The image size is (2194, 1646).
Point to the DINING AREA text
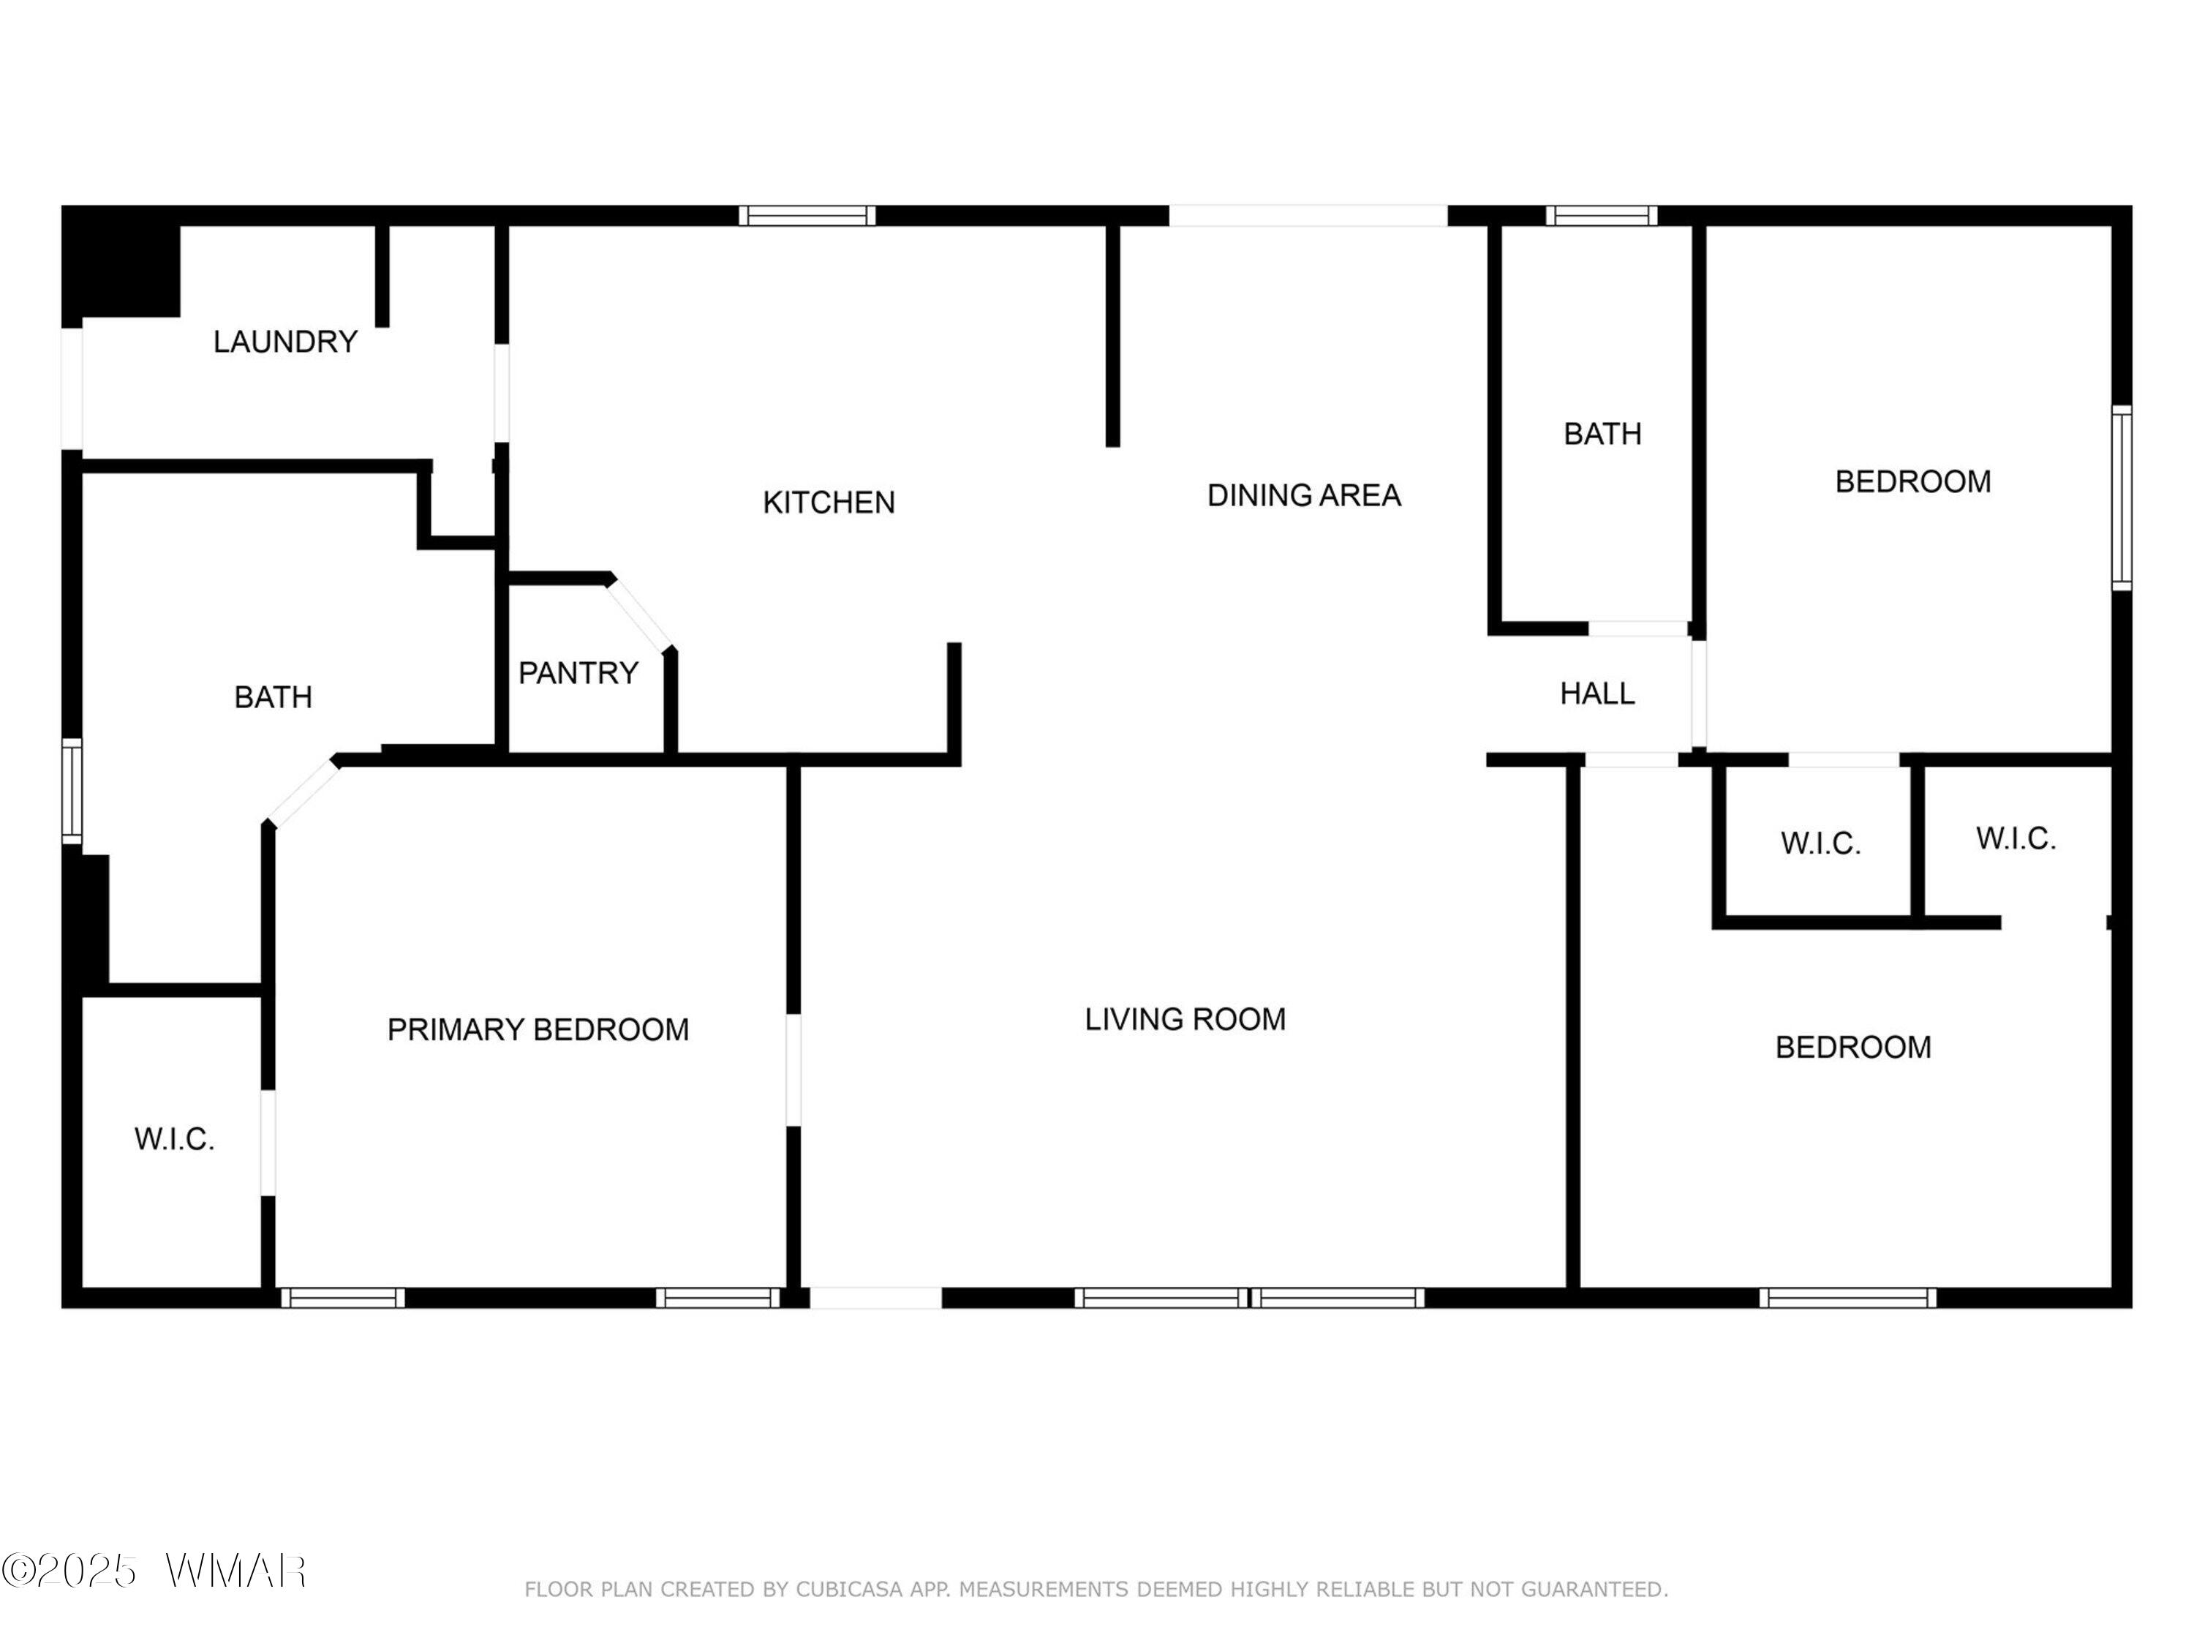point(1303,495)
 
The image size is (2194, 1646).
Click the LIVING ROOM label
point(1185,1019)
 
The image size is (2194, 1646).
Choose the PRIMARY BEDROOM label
point(538,1030)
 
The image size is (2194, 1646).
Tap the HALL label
point(1597,694)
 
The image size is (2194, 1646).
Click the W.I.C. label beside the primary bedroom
point(175,1139)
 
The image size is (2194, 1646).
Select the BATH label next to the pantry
point(273,697)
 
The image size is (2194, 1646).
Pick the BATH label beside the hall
point(1602,434)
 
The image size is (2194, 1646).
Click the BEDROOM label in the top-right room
point(1912,481)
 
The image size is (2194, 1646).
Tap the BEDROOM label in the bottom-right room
point(1852,1047)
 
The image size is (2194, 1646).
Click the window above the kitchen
point(807,215)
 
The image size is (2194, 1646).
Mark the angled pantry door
point(641,615)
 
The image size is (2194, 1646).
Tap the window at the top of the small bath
point(1602,215)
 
